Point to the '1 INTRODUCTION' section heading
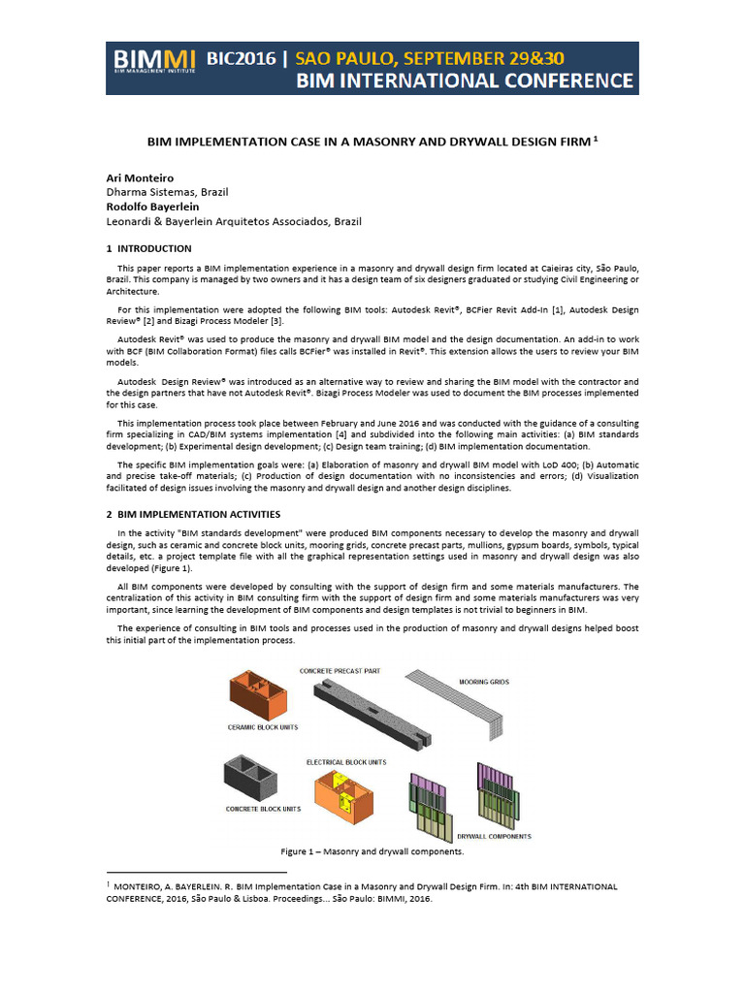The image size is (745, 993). click(x=149, y=248)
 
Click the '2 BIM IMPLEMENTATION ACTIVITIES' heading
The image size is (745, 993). click(x=193, y=512)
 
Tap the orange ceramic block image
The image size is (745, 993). click(x=257, y=696)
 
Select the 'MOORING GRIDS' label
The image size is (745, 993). click(x=486, y=683)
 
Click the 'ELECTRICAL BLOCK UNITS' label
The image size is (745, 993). click(x=346, y=762)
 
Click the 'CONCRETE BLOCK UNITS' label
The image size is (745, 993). click(x=263, y=808)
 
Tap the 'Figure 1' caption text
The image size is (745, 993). click(x=372, y=851)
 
